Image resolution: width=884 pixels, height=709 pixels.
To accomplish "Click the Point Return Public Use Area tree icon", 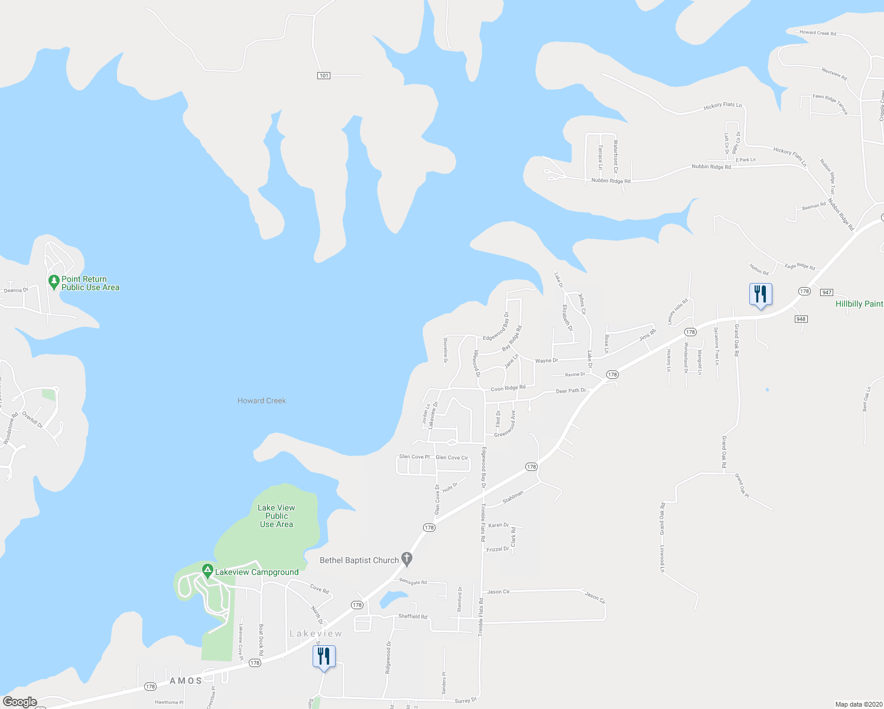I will [x=53, y=280].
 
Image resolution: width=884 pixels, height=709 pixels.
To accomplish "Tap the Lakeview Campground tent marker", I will [x=207, y=571].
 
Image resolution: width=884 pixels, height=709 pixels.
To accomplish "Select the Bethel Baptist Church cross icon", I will [x=407, y=558].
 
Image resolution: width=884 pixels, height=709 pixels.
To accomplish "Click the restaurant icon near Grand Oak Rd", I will [x=760, y=294].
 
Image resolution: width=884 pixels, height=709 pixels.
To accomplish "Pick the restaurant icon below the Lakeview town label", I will [x=324, y=656].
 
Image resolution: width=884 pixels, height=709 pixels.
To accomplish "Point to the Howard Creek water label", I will [x=261, y=401].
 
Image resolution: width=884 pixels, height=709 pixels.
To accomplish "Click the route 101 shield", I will [x=323, y=76].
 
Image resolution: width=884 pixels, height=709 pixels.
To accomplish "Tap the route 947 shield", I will [x=827, y=292].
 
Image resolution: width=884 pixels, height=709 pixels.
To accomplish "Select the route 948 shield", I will [x=801, y=319].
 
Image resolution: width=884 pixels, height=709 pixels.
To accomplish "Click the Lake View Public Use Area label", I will [x=276, y=516].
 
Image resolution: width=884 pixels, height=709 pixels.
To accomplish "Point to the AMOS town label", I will [x=186, y=681].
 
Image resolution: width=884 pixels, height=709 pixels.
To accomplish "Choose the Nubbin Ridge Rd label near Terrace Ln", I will [x=610, y=181].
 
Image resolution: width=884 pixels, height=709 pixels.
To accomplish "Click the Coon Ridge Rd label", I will [x=508, y=388].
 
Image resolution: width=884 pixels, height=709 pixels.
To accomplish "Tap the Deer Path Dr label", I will [x=570, y=391].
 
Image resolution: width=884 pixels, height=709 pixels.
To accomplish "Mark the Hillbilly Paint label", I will [x=859, y=304].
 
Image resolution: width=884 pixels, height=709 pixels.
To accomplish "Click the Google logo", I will [x=19, y=702].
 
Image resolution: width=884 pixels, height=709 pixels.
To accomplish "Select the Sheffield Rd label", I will [x=412, y=616].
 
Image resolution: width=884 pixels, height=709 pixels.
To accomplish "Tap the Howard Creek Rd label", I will [x=817, y=33].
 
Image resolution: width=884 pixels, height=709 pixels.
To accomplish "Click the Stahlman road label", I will [x=513, y=497].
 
